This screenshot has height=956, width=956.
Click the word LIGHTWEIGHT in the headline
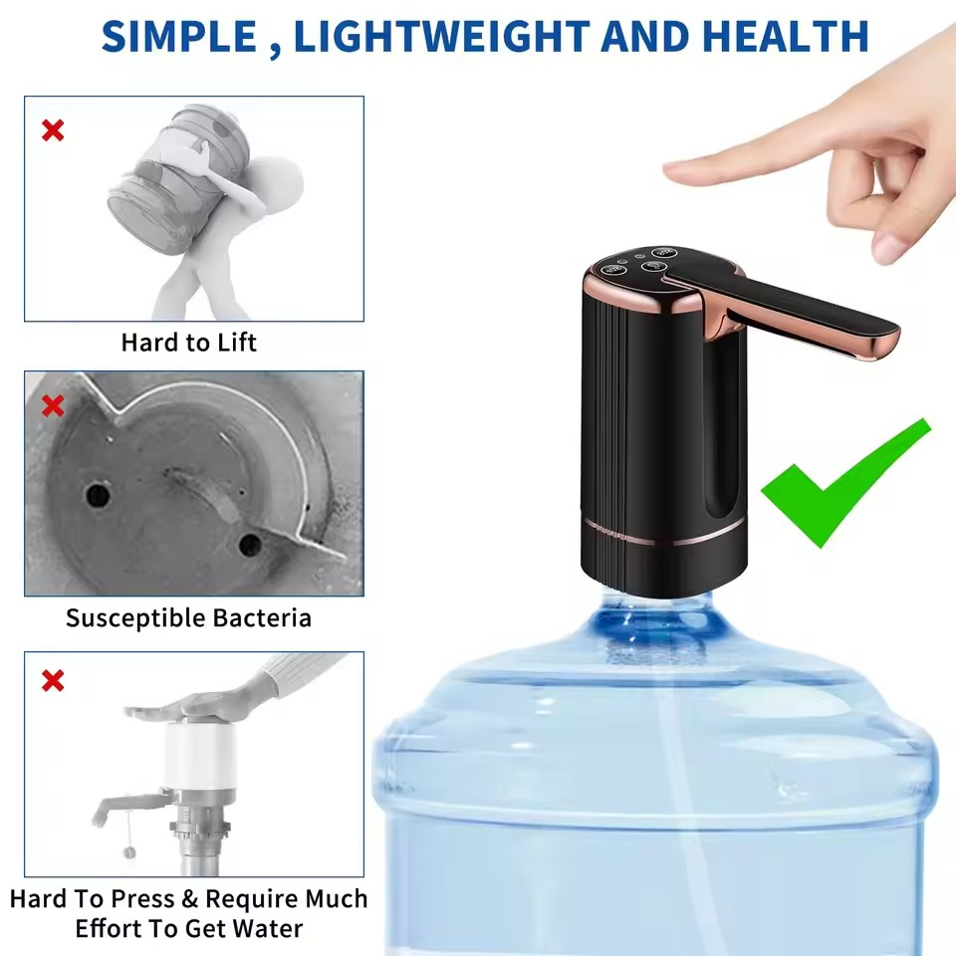pyautogui.click(x=441, y=37)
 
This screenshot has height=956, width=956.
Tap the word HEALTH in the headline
pyautogui.click(x=786, y=37)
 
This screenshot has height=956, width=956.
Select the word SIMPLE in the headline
pyautogui.click(x=178, y=37)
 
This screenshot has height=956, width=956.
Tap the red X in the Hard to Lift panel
pyautogui.click(x=53, y=129)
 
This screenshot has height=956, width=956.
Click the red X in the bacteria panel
pyautogui.click(x=53, y=405)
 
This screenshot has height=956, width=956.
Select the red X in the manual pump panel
pyautogui.click(x=53, y=680)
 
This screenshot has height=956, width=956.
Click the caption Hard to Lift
pyautogui.click(x=188, y=343)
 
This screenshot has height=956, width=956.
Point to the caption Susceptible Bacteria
pyautogui.click(x=188, y=618)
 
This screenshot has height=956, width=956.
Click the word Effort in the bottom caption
pyautogui.click(x=108, y=928)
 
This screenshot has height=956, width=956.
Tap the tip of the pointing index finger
pyautogui.click(x=669, y=170)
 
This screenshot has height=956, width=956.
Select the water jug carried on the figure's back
pyautogui.click(x=178, y=180)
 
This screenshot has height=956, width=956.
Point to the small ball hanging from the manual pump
pyautogui.click(x=129, y=852)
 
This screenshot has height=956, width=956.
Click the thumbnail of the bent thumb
pyautogui.click(x=888, y=248)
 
